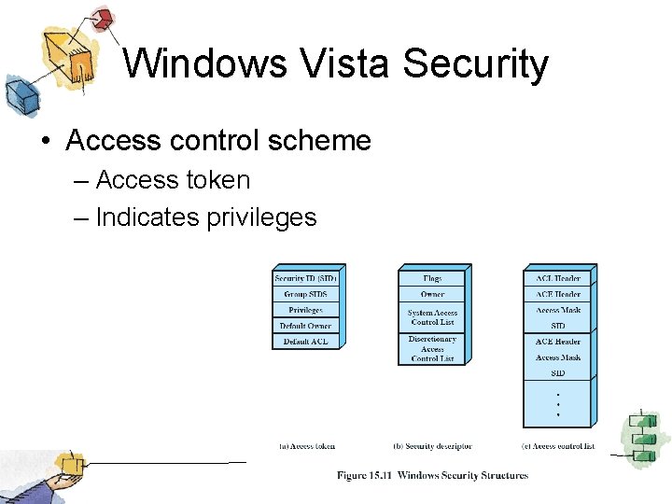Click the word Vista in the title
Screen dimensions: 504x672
pyautogui.click(x=345, y=64)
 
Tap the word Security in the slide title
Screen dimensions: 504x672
pyautogui.click(x=476, y=65)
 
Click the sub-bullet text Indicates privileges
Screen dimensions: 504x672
pyautogui.click(x=206, y=217)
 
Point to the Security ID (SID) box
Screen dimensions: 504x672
pyautogui.click(x=305, y=278)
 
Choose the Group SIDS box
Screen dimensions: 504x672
pyautogui.click(x=305, y=294)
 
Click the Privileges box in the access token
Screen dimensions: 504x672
pyautogui.click(x=305, y=310)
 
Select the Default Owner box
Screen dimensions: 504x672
pyautogui.click(x=305, y=326)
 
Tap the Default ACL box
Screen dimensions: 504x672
pyautogui.click(x=305, y=342)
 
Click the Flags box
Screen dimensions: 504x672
pyautogui.click(x=432, y=278)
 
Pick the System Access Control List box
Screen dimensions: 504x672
pyautogui.click(x=432, y=317)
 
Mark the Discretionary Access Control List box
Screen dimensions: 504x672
pyautogui.click(x=432, y=349)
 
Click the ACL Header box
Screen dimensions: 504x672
pyautogui.click(x=557, y=278)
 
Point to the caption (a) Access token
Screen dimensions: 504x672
pyautogui.click(x=307, y=446)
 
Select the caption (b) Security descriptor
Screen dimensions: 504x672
pyautogui.click(x=432, y=446)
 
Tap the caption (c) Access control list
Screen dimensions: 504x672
pyautogui.click(x=558, y=446)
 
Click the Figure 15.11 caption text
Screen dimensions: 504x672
pyautogui.click(x=432, y=475)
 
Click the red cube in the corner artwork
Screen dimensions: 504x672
pyautogui.click(x=103, y=18)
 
